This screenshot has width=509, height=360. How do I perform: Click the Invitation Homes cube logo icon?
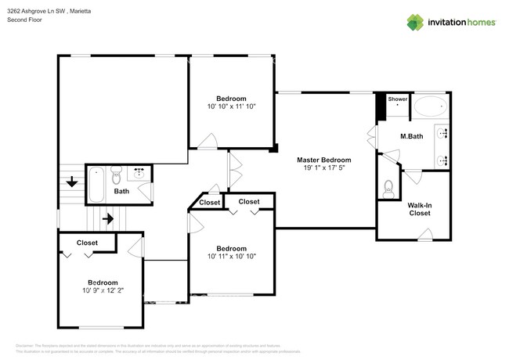(x=414, y=22)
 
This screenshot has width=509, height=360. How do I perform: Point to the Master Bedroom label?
(x=323, y=160)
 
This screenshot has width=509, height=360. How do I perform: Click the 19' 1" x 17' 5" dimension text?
(x=323, y=169)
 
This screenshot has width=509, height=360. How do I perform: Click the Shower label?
(x=398, y=99)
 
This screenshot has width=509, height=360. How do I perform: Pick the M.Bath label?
(x=412, y=137)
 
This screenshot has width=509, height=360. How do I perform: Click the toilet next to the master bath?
(x=389, y=187)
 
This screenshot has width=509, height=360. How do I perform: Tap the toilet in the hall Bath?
(x=117, y=173)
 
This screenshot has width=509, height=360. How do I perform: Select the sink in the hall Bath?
(x=142, y=172)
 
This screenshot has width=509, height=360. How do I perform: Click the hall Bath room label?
(x=121, y=191)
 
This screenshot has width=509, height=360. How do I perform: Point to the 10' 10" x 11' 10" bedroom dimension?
(x=231, y=106)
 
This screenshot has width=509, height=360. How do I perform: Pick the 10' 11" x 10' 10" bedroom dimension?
(x=231, y=256)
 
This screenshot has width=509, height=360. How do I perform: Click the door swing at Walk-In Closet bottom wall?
(x=424, y=232)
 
